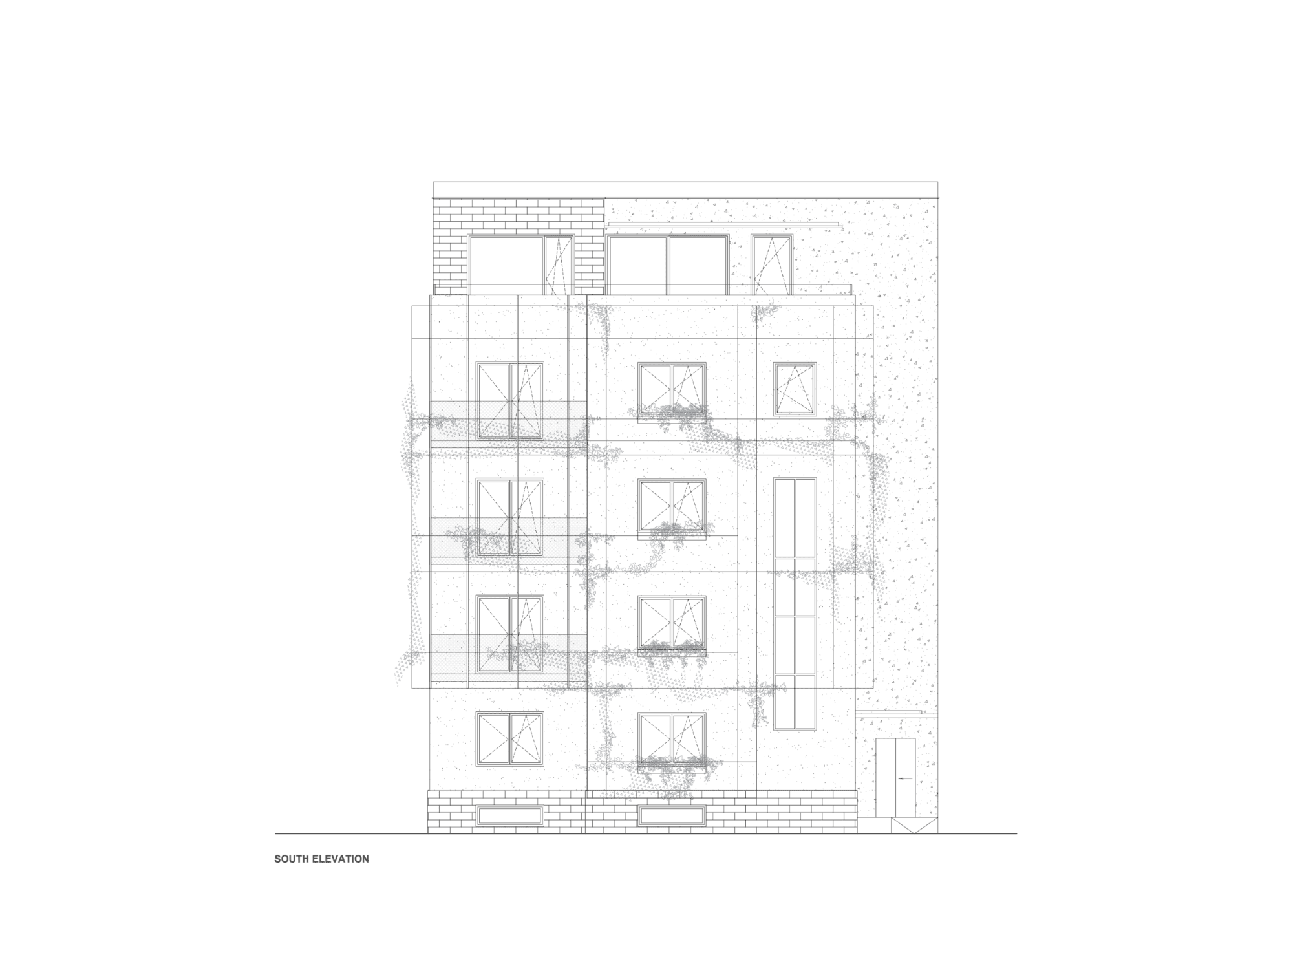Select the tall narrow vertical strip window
pos(795,604)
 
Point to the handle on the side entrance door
pos(905,778)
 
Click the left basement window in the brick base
pos(509,815)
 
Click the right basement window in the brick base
pos(671,815)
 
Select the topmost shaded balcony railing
pos(508,424)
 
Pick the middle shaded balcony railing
pos(508,539)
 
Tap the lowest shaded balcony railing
pos(508,656)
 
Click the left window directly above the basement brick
pos(509,738)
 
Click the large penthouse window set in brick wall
pos(520,264)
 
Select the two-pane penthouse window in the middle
pos(668,264)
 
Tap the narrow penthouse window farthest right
pos(771,264)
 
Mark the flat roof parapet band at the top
pos(685,189)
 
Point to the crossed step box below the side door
pos(914,826)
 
